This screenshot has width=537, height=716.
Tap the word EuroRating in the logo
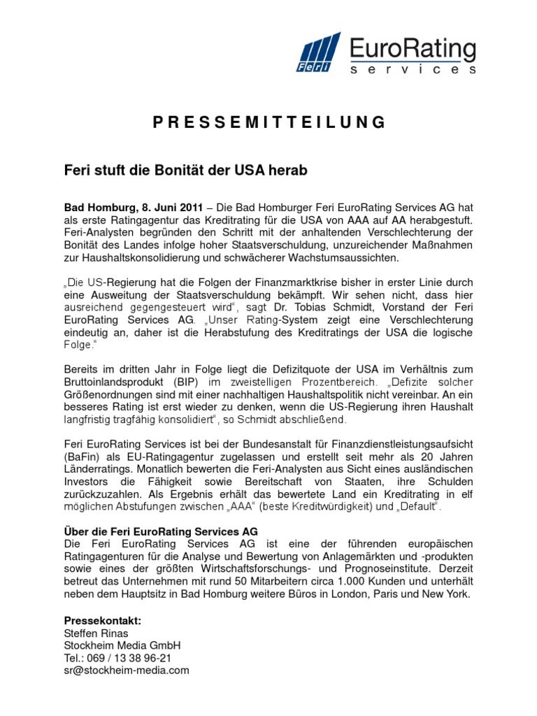pyautogui.click(x=413, y=50)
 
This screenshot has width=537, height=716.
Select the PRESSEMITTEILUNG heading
pyautogui.click(x=268, y=122)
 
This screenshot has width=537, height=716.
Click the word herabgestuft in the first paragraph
pyautogui.click(x=439, y=220)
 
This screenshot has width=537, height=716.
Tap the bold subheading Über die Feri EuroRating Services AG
pyautogui.click(x=161, y=531)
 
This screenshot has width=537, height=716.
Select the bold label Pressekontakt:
pyautogui.click(x=103, y=620)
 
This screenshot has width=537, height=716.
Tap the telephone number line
pyautogui.click(x=118, y=658)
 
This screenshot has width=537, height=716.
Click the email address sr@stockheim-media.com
pyautogui.click(x=127, y=670)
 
